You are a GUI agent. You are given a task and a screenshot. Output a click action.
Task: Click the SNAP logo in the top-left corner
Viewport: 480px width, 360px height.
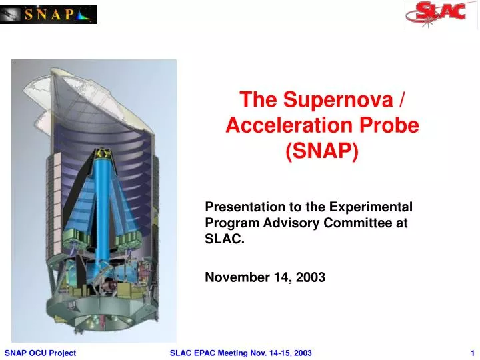coord(49,14)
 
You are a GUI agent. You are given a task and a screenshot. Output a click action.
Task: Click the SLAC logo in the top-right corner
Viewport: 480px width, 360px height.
coord(441,15)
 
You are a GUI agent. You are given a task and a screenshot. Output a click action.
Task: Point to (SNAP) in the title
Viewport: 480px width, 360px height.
coord(322,151)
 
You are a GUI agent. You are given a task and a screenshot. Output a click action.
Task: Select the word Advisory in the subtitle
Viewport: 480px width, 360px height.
coord(287,223)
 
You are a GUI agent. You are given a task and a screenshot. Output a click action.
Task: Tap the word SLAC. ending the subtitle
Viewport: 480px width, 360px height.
coord(225,239)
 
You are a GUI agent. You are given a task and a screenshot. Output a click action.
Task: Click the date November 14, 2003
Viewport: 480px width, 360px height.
coord(265,277)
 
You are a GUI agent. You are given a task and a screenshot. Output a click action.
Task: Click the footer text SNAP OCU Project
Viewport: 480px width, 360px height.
coord(40,353)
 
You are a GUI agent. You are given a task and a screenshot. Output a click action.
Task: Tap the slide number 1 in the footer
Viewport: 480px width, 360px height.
coord(472,353)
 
